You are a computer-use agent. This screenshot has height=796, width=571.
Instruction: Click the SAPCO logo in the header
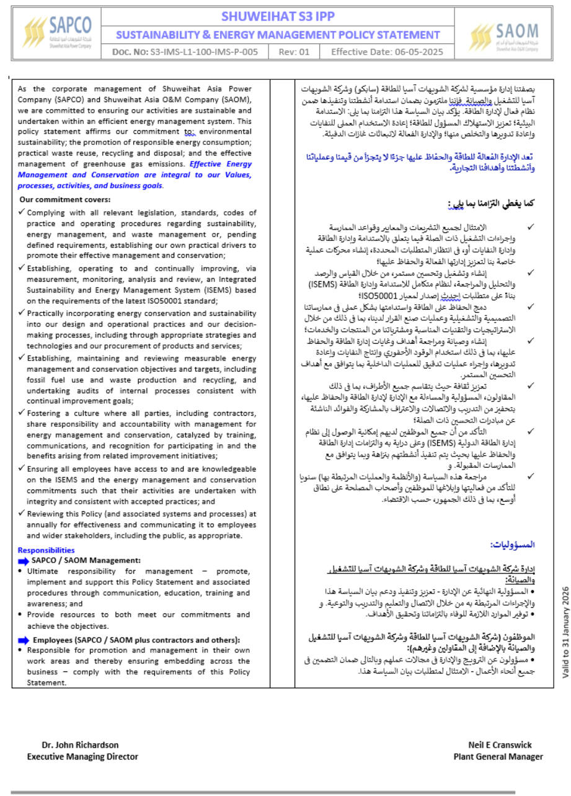58,33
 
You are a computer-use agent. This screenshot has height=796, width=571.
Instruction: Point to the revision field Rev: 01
294,52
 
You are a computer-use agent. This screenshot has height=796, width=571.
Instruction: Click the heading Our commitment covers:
65,199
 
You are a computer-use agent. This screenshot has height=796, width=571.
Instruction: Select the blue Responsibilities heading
46,549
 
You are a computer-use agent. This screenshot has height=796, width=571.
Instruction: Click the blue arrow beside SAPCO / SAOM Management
23,560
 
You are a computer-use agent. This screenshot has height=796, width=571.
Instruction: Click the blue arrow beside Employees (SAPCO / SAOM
23,640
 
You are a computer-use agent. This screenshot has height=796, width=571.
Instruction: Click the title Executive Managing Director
82,756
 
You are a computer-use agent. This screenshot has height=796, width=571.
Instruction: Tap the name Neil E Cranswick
500,745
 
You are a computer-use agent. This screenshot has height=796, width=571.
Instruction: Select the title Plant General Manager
498,756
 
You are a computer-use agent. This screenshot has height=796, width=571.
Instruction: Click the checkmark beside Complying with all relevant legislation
22,211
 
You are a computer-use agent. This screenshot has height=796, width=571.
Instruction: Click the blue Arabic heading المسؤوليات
512,545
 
